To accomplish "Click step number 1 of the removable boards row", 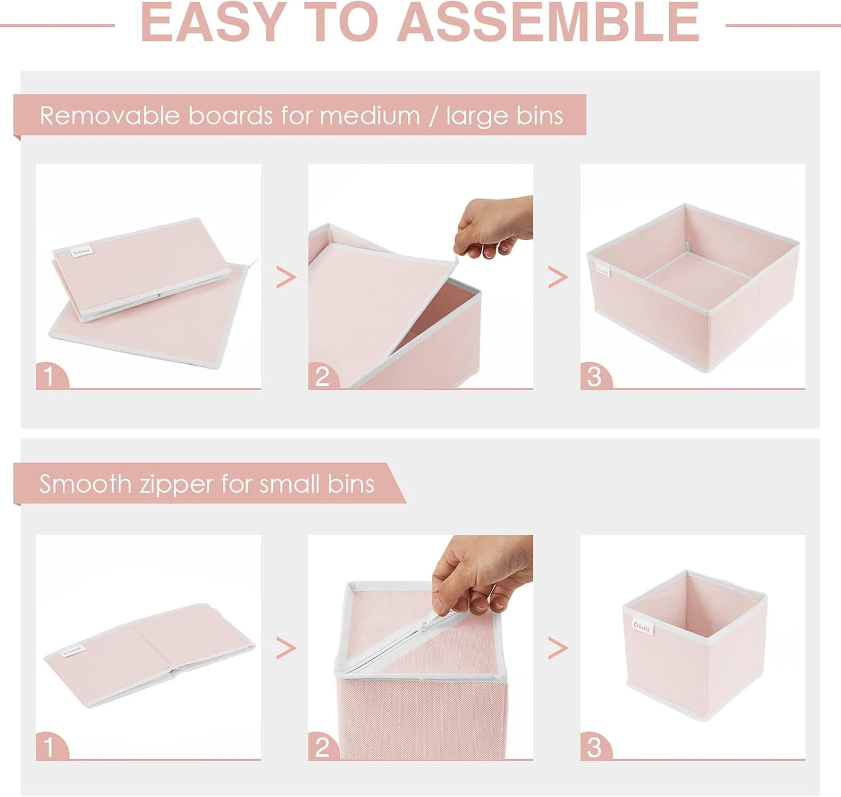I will [x=49, y=376].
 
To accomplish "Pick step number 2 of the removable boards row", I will [x=322, y=376].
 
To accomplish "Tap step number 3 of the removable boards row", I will [x=594, y=376].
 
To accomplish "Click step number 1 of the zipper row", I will [x=49, y=748].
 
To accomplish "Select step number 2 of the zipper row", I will [x=322, y=748].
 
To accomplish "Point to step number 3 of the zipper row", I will [x=594, y=748].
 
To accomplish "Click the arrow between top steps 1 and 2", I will [x=286, y=277].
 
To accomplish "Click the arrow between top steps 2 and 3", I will [x=558, y=277].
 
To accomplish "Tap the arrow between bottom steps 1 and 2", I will [x=286, y=647].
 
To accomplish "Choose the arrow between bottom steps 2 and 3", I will [x=558, y=647].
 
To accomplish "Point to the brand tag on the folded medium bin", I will [x=82, y=251].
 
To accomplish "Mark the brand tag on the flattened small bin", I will [x=74, y=651].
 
